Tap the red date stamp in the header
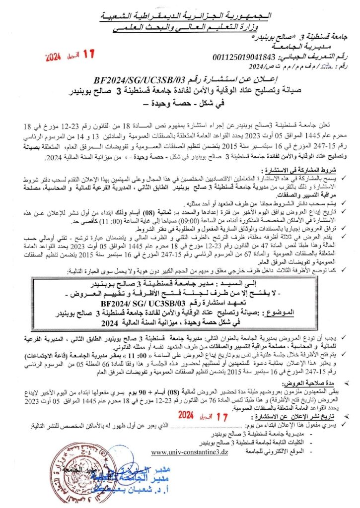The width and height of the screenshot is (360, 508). pos(69,55)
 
